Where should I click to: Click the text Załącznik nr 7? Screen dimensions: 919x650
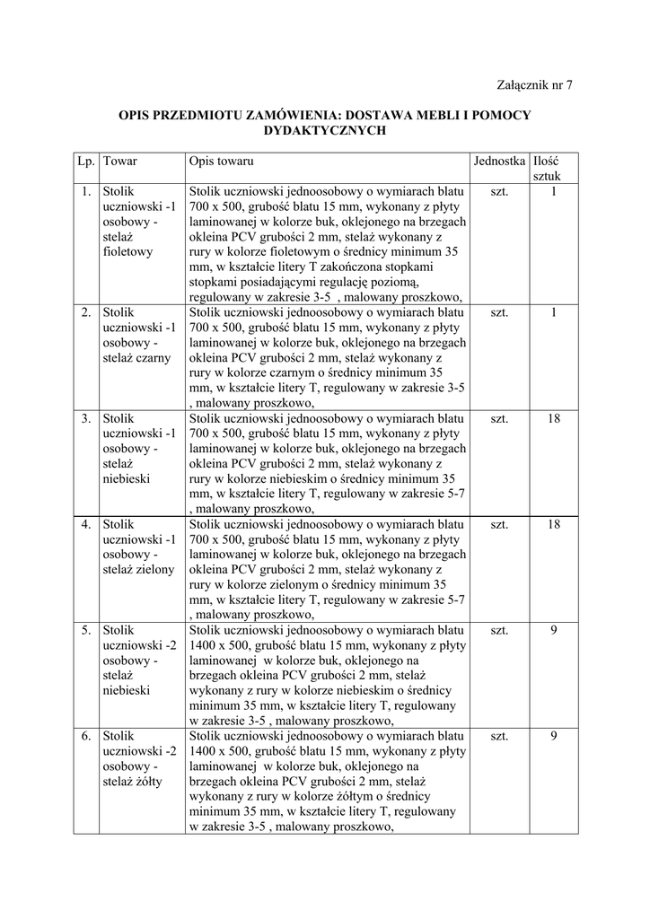(x=534, y=85)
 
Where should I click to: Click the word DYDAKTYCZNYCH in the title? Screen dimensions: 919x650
(x=324, y=130)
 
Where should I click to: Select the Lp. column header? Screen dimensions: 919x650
(x=85, y=161)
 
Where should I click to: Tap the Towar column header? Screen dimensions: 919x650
(x=119, y=161)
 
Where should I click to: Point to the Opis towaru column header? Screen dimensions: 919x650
(x=222, y=161)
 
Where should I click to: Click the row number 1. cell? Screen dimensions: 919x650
(x=85, y=191)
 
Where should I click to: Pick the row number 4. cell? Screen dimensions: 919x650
(x=85, y=523)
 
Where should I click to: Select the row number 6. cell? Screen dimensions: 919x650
(x=85, y=736)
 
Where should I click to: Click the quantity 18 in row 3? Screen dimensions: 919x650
(x=554, y=417)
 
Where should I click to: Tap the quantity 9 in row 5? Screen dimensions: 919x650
(x=554, y=630)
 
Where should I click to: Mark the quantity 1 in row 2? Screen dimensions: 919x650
(x=554, y=312)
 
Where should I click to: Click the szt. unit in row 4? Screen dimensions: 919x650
(x=500, y=523)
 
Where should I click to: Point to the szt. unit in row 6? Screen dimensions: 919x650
(x=500, y=736)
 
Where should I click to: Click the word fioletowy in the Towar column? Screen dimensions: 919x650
(x=128, y=252)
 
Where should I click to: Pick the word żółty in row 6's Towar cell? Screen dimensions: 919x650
(x=153, y=782)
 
